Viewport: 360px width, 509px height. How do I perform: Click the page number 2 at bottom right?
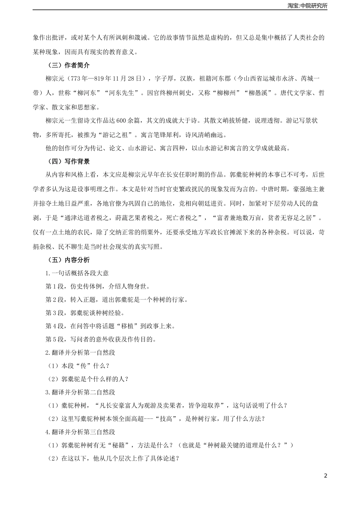325,476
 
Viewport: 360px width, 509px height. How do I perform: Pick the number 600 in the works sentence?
121,121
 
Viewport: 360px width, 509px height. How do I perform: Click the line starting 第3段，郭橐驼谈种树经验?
85,313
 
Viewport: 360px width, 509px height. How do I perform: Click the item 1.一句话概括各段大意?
77,273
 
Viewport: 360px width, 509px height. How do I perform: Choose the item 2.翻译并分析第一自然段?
80,353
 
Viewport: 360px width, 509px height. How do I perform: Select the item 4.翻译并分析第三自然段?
80,432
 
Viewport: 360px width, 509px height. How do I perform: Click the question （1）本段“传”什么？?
78,366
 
